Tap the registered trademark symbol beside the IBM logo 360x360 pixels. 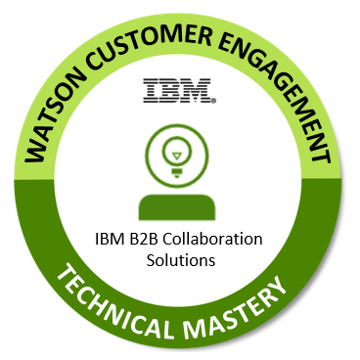pyautogui.click(x=215, y=100)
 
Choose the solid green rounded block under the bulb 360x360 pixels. pyautogui.click(x=179, y=206)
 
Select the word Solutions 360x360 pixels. pyautogui.click(x=179, y=261)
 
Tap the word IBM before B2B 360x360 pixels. pyautogui.click(x=108, y=241)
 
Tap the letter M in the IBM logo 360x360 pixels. pyautogui.click(x=200, y=93)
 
